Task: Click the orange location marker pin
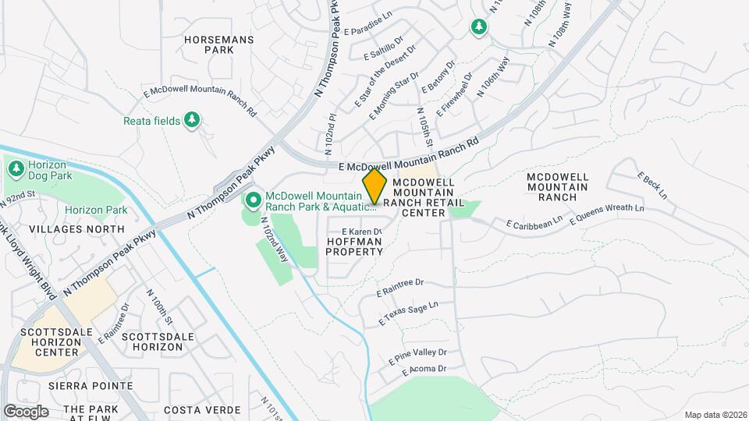[x=374, y=186]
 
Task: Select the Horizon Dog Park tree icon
[x=16, y=166]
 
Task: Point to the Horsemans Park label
[x=209, y=44]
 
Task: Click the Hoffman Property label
[x=353, y=246]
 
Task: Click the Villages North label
[x=76, y=229]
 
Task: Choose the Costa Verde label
[x=194, y=409]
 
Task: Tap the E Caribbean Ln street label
[x=534, y=223]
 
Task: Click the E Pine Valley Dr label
[x=417, y=356]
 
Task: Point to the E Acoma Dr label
[x=424, y=370]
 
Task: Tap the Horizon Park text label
[x=96, y=210]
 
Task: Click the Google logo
[x=26, y=411]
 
